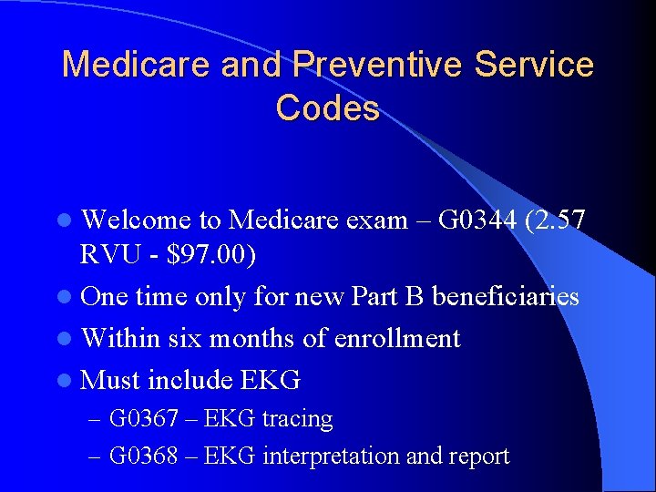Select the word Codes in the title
point(327,108)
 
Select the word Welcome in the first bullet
point(137,220)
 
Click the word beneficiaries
point(505,297)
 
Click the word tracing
point(297,419)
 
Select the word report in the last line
point(477,456)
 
